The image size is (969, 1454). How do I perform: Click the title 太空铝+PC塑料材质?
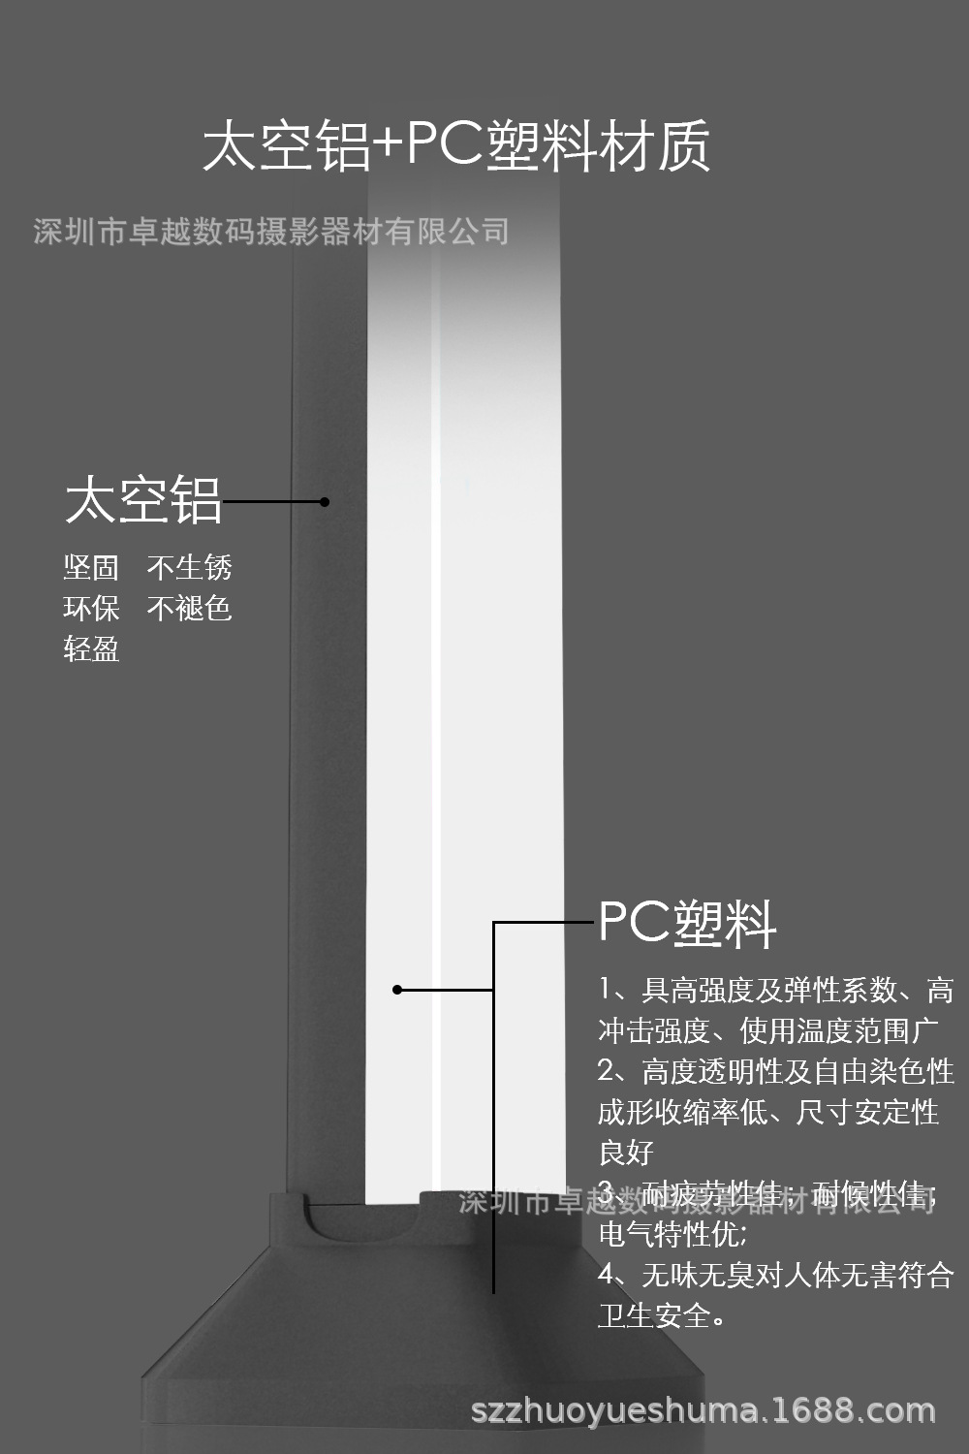click(x=455, y=146)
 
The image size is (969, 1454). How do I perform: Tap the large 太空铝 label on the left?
click(x=143, y=501)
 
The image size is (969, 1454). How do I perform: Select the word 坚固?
click(x=91, y=568)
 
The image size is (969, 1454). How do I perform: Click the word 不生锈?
click(x=190, y=568)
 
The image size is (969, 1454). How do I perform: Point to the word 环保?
click(x=91, y=609)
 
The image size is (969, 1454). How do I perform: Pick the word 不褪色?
click(x=190, y=609)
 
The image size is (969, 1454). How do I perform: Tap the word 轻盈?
click(x=91, y=649)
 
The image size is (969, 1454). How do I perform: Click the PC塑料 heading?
click(x=687, y=923)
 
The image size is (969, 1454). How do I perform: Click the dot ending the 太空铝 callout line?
click(x=325, y=502)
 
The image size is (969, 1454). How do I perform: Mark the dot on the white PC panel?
click(x=397, y=990)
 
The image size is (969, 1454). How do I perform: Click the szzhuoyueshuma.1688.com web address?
click(x=703, y=1410)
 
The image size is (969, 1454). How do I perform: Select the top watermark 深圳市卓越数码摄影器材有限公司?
click(x=271, y=232)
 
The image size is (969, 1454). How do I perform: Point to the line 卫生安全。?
click(x=663, y=1315)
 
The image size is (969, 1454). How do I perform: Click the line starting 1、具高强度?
click(x=776, y=990)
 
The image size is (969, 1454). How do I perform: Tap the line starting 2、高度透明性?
click(x=776, y=1071)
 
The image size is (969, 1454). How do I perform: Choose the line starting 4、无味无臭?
click(x=776, y=1275)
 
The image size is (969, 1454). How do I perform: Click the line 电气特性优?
click(x=672, y=1234)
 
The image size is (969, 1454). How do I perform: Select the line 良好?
click(x=626, y=1153)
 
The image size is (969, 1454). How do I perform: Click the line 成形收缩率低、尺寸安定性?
click(x=768, y=1112)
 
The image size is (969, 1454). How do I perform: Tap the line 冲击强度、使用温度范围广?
click(x=768, y=1030)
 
